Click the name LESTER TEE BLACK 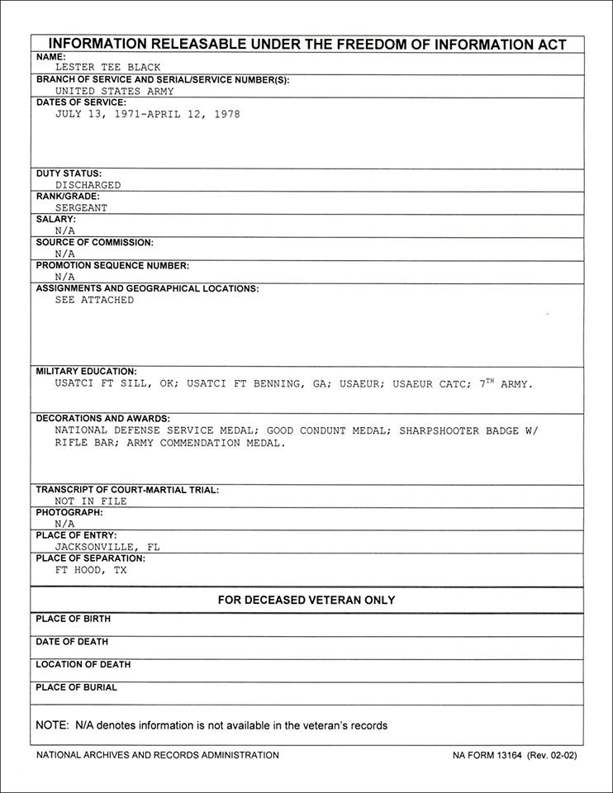(x=107, y=68)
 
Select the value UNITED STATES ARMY (x=114, y=92)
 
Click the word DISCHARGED (x=88, y=185)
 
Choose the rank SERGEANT (x=81, y=208)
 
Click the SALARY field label (x=56, y=220)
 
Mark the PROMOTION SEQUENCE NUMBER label (x=112, y=266)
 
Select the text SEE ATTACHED (x=94, y=301)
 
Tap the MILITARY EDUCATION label (x=87, y=372)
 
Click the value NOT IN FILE (x=91, y=501)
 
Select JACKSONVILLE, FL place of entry (x=107, y=547)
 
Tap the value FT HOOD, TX (x=91, y=570)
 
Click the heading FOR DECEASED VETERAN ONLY (x=306, y=601)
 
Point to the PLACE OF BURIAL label (x=77, y=687)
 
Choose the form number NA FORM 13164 (x=489, y=755)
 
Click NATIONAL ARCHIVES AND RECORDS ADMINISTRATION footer (x=158, y=755)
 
